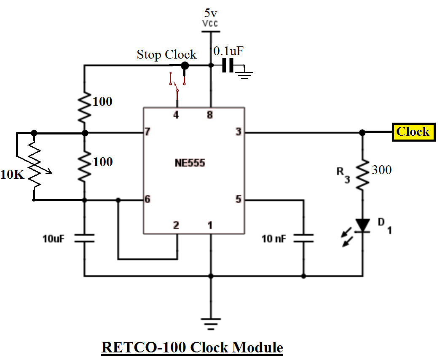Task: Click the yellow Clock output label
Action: tap(413, 132)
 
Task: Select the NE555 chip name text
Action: tap(190, 163)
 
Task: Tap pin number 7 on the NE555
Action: tap(147, 132)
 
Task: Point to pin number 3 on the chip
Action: tap(239, 132)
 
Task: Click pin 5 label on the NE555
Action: tap(239, 199)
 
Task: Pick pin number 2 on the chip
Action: tap(176, 226)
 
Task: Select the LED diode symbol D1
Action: tap(362, 226)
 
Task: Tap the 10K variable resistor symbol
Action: tap(35, 167)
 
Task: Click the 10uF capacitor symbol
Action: tap(84, 238)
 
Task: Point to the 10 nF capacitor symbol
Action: tap(303, 238)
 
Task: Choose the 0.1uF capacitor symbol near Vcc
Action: tap(228, 65)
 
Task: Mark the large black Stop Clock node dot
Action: tap(184, 65)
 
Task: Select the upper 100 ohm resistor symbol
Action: tap(84, 102)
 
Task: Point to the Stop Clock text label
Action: tap(166, 55)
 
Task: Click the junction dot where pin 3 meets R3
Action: tap(362, 132)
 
